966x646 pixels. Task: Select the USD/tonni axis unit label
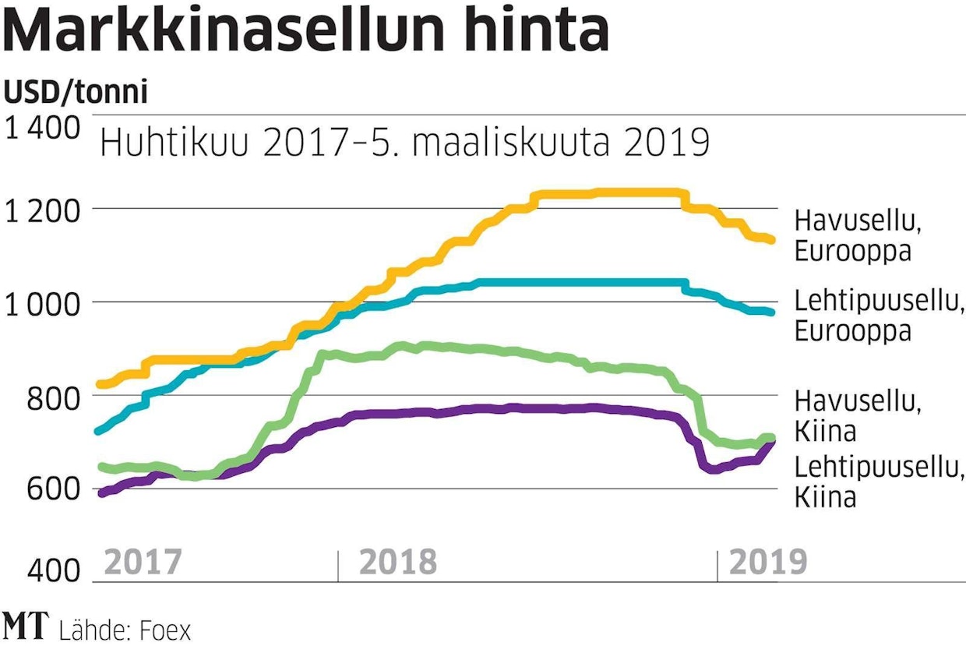[x=76, y=93]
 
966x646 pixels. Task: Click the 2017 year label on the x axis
[x=143, y=561]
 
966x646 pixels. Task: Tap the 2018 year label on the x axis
[x=398, y=561]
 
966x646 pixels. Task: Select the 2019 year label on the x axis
[x=767, y=561]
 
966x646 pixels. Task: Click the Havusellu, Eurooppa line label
[x=858, y=236]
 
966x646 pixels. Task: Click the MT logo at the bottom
[x=26, y=627]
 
